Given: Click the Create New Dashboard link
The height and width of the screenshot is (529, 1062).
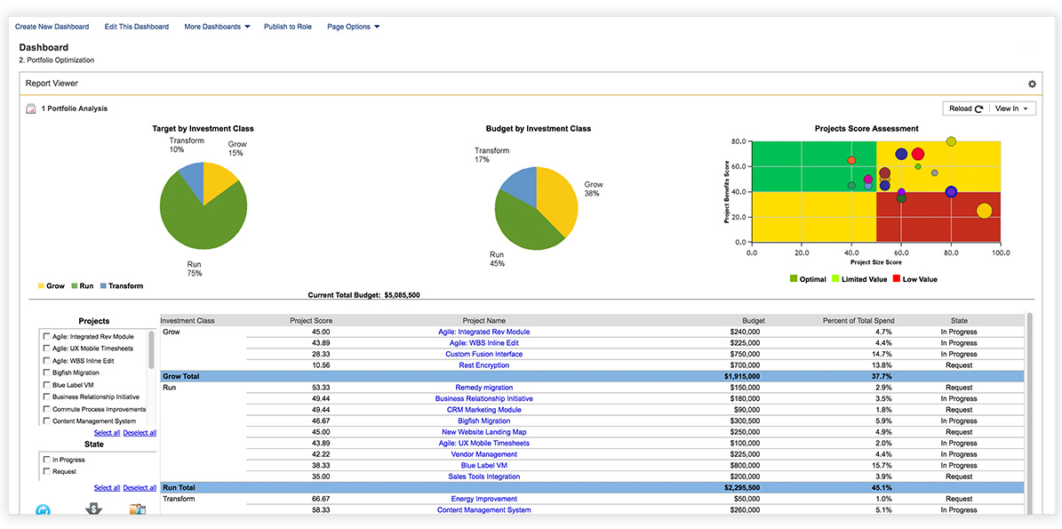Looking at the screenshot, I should coord(52,27).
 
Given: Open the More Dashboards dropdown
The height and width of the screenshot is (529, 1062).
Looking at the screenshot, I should coord(217,27).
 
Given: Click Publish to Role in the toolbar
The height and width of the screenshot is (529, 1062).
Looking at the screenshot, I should coord(287,27).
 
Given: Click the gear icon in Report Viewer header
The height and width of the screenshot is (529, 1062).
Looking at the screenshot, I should coord(1032,84).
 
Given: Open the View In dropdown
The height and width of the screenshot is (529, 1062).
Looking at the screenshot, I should coord(1012,108).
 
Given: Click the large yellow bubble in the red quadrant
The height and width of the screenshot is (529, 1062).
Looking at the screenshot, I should coord(984,211).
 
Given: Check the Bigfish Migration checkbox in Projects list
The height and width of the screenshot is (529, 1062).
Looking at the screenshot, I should coord(46,373).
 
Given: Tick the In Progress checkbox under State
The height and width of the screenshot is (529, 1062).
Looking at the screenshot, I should coord(46,460).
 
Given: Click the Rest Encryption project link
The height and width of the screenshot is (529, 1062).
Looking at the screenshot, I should coord(483,365).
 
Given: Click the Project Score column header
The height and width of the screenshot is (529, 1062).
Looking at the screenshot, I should coord(310,321).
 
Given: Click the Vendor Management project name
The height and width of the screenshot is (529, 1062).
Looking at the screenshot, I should coord(483,454).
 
